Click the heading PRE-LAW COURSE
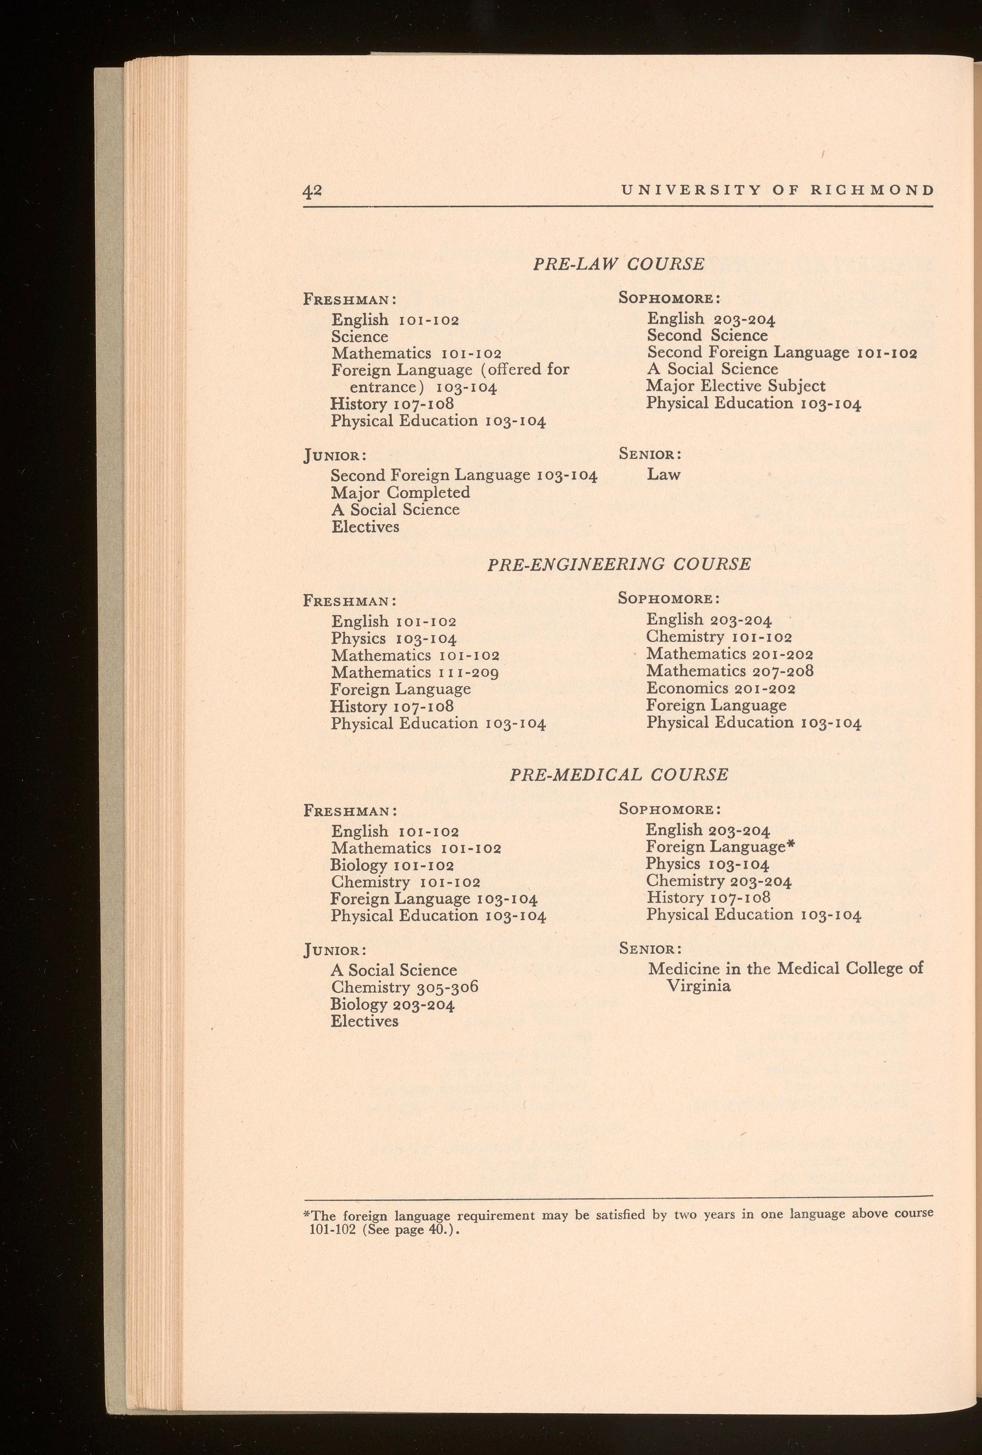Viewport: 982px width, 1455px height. [x=618, y=264]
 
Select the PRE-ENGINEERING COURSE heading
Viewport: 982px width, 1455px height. [x=618, y=564]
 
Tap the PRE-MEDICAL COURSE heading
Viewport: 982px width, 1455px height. [x=619, y=775]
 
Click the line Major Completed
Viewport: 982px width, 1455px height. [x=401, y=493]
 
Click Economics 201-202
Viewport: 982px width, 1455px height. [x=721, y=689]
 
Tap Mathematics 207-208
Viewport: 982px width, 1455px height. [x=730, y=672]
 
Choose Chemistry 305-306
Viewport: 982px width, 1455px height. [x=404, y=987]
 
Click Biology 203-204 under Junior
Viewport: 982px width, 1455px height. [x=392, y=1004]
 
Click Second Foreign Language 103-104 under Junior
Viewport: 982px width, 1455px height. [x=464, y=475]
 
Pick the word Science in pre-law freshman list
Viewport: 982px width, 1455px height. [x=360, y=337]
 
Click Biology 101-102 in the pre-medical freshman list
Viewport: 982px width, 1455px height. [x=392, y=865]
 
